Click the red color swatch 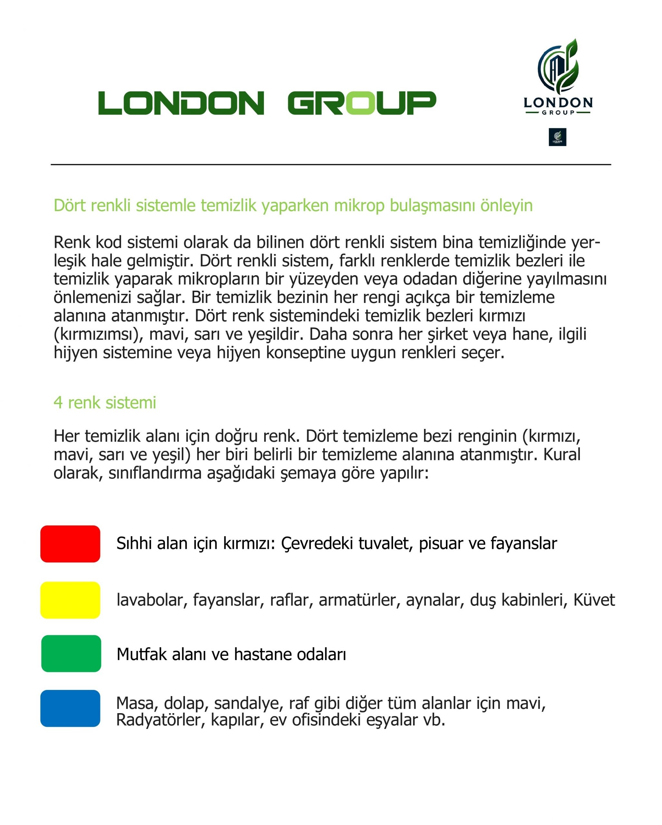tap(70, 544)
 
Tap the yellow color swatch tap(70, 600)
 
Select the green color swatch tap(71, 654)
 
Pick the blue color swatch tap(70, 708)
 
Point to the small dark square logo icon tap(557, 137)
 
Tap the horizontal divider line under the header tap(331, 165)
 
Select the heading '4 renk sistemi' tap(105, 403)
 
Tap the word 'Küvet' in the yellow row tap(594, 600)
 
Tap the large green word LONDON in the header tap(181, 103)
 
